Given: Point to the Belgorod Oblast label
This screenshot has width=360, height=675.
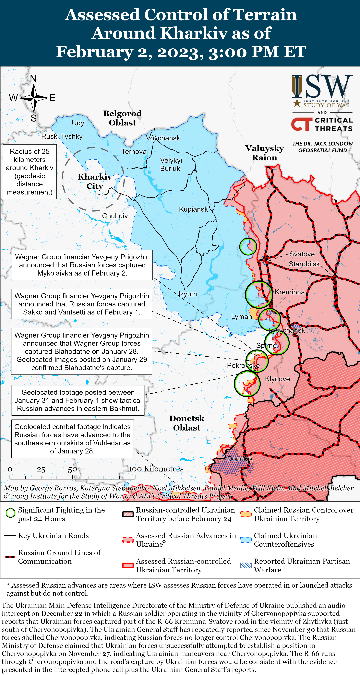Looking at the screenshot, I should coord(122,118).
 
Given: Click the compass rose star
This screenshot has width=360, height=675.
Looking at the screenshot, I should coord(34,98).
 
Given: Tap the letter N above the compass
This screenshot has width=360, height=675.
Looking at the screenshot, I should coord(33,78).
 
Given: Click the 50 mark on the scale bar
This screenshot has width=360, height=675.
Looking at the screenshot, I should coord(72,469).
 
